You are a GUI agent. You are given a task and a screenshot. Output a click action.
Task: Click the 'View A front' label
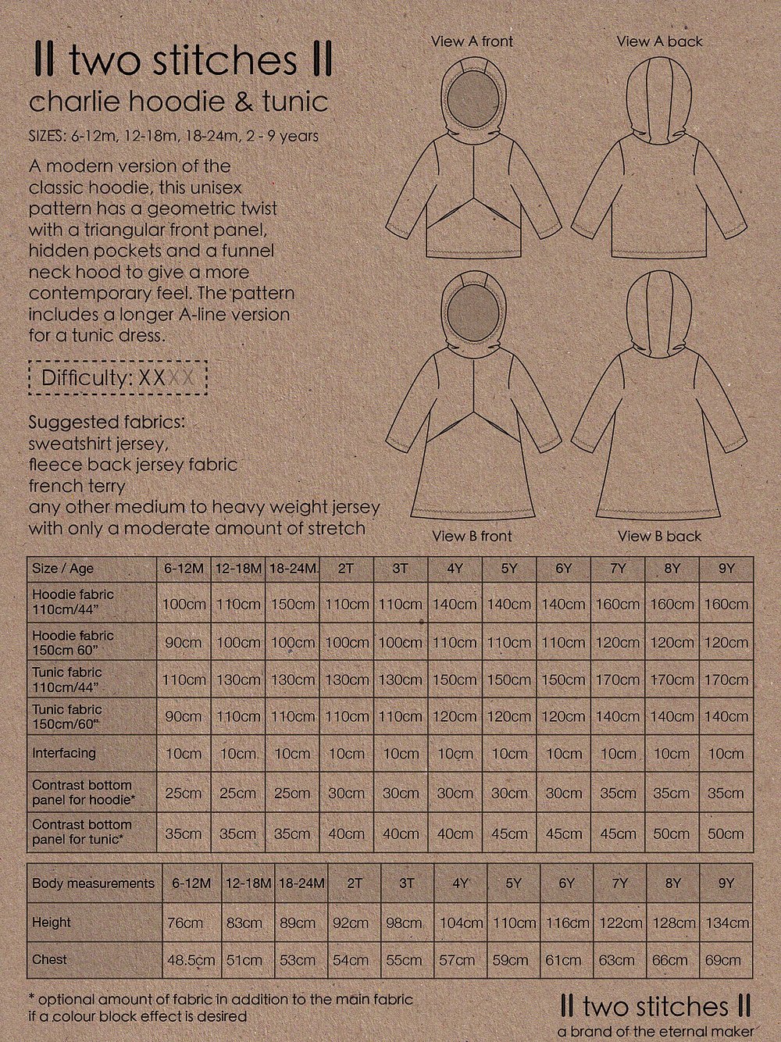click(472, 41)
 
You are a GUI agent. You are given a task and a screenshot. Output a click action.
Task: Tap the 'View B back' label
click(659, 536)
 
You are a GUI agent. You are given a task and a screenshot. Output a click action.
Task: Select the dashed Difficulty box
click(118, 378)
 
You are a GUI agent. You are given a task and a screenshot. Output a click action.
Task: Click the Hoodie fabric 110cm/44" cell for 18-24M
click(293, 604)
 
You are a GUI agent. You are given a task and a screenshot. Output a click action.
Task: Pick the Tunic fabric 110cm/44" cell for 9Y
click(726, 680)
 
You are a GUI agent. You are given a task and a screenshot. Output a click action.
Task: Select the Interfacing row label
click(64, 753)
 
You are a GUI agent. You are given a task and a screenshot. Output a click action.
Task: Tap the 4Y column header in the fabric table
click(455, 569)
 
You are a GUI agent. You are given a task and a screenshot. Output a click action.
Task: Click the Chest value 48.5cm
click(191, 960)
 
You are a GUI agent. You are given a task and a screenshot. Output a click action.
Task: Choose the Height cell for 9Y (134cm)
click(727, 922)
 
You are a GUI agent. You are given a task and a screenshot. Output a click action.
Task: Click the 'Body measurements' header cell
click(93, 883)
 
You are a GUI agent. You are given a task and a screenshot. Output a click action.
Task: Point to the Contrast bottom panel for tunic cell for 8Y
click(671, 833)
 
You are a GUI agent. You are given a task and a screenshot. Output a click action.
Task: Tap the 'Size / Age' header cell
click(62, 569)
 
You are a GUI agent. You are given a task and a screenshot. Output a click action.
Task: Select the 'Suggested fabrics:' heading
click(107, 422)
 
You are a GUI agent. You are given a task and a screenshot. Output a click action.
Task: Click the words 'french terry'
click(77, 486)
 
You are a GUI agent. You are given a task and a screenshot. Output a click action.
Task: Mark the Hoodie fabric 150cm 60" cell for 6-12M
click(184, 643)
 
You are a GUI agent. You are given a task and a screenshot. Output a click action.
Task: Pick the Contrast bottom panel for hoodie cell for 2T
click(346, 793)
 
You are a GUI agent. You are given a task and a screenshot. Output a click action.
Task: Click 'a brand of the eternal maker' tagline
click(655, 1032)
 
